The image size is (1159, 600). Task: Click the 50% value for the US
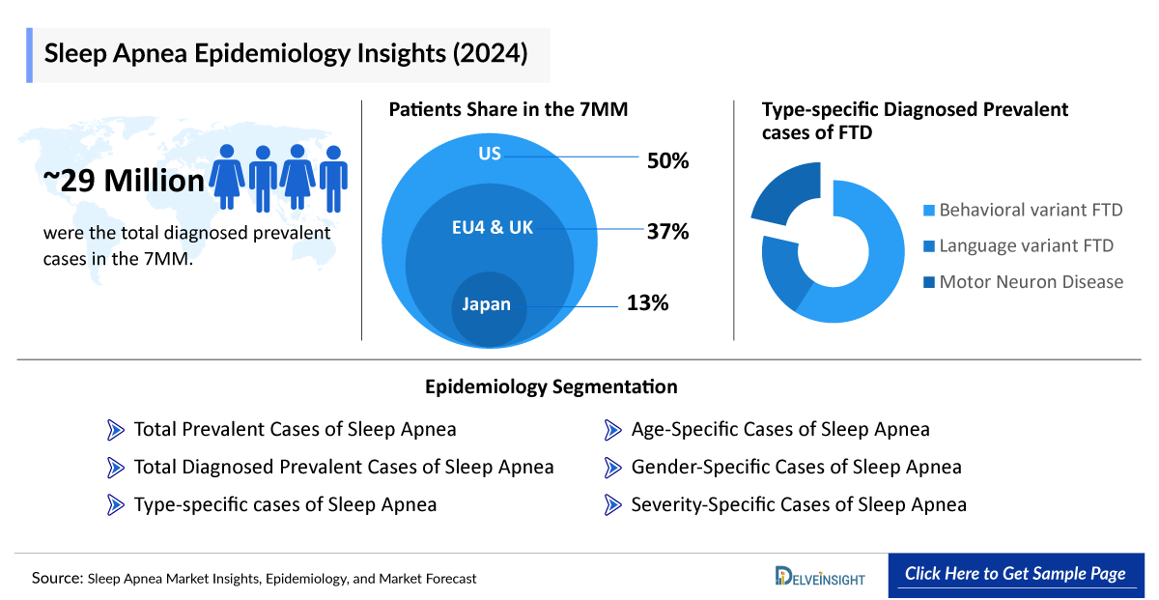[x=667, y=160]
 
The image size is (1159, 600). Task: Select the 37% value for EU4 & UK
[x=667, y=231]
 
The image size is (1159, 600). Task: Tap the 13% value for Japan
[x=647, y=303]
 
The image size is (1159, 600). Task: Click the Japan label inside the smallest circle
[x=486, y=304]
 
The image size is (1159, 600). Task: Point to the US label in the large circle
[x=491, y=154]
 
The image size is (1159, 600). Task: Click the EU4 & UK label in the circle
[x=492, y=228]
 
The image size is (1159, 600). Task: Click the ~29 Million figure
[x=124, y=180]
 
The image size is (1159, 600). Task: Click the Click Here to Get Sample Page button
[x=1014, y=574]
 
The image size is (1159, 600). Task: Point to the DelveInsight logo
[x=820, y=576]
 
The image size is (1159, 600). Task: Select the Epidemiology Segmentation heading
[x=551, y=386]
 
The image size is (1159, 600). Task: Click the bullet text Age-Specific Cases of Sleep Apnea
[x=779, y=429]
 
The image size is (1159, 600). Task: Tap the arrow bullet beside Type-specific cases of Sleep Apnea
[x=116, y=504]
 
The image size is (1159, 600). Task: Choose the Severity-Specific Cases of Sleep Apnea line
[x=798, y=504]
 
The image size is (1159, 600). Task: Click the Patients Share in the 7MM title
[x=508, y=109]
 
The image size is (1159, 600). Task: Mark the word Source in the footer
[x=56, y=578]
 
